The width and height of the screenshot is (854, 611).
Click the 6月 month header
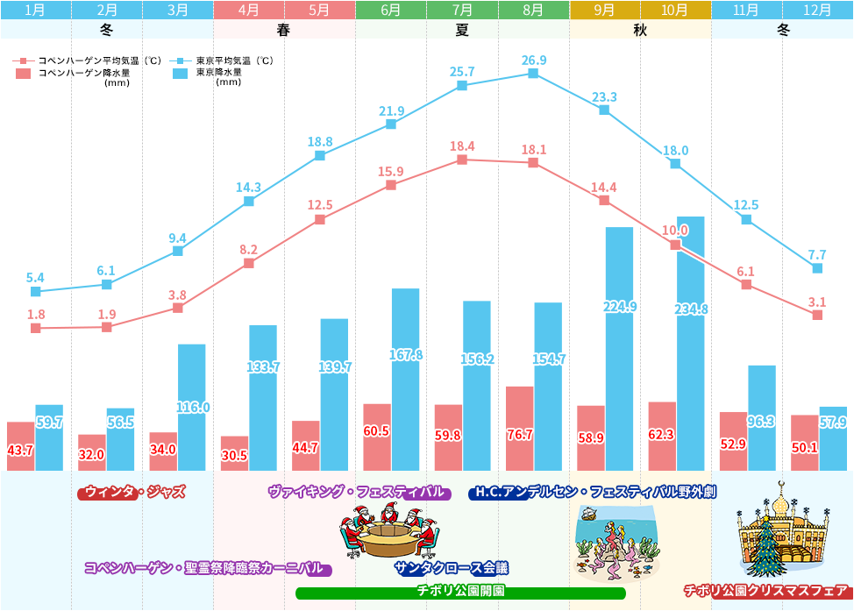point(391,11)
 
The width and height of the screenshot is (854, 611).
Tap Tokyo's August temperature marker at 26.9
point(533,74)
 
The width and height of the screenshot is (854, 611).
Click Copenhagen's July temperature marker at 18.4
point(462,160)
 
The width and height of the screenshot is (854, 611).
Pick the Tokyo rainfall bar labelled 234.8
point(691,342)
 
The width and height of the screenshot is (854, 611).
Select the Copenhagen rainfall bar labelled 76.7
point(519,428)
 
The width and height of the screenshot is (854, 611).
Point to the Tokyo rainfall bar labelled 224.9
point(619,348)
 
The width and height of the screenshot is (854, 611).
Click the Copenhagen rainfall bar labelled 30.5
point(234,452)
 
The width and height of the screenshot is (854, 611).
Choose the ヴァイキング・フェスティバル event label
point(359,493)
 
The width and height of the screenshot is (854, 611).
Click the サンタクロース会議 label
point(451,568)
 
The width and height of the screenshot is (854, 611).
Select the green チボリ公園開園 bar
point(460,593)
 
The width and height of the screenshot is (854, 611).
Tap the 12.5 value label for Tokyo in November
point(744,205)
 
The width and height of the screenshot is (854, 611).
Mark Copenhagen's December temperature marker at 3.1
point(817,315)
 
